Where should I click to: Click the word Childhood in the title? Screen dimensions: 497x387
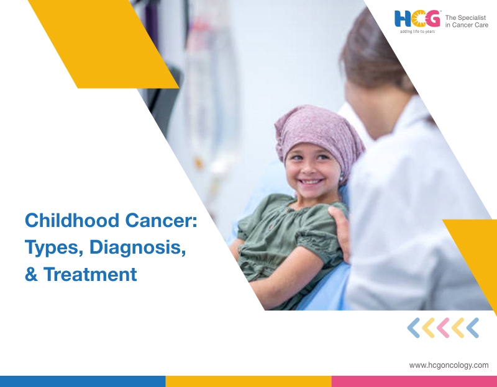coord(72,220)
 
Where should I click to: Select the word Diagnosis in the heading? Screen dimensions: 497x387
coord(137,247)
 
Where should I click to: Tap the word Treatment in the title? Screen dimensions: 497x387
coord(90,274)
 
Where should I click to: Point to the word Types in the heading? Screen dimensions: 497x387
coord(54,247)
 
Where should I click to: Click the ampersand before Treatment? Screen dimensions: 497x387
coord(31,274)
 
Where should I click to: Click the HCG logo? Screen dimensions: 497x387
coord(417,19)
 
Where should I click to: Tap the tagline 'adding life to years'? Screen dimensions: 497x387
coord(417,32)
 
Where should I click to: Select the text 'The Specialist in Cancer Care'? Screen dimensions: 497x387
coord(467,21)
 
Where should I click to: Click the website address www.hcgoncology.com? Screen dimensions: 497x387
coord(449,365)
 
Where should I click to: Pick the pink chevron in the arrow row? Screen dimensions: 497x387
coord(443,328)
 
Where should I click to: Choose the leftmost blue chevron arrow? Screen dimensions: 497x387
coord(413,328)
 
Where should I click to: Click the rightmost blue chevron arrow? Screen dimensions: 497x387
coord(473,328)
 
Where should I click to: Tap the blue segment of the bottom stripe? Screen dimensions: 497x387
coord(83,381)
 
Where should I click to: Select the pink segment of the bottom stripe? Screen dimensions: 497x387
coord(414,381)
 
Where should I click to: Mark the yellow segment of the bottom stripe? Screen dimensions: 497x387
coord(248,381)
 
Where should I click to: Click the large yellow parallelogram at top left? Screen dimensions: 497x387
coord(103,44)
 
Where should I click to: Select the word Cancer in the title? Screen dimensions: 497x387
coord(161,220)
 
